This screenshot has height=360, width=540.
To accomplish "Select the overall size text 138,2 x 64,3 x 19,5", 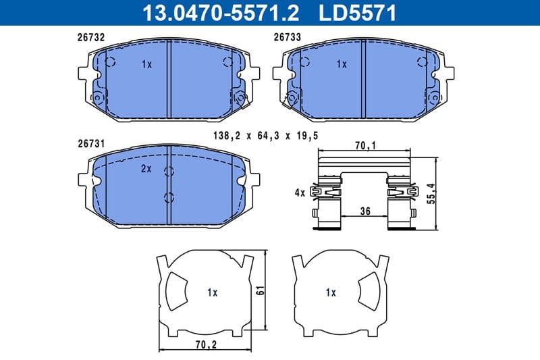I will (265, 136).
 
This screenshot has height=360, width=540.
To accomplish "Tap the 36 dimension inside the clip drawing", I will (365, 211).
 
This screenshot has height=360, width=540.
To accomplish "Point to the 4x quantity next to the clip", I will (300, 193).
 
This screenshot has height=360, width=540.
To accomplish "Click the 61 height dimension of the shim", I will (260, 292).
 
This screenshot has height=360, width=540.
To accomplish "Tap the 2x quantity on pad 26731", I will (146, 169).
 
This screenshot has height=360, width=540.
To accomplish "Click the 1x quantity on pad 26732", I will (147, 65).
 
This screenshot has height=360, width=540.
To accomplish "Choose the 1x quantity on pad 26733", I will (342, 65).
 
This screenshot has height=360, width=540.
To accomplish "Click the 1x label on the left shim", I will (212, 292).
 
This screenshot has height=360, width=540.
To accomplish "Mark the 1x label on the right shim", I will (330, 292).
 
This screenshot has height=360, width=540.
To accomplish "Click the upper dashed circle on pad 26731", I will (169, 171).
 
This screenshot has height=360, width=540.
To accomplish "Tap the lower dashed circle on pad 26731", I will (169, 198).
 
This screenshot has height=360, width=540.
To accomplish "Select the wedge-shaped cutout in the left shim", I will (178, 291).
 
